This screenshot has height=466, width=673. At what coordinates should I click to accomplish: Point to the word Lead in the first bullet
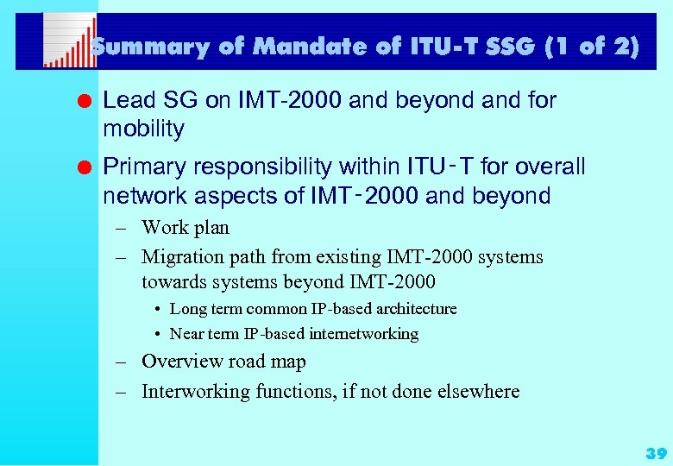pos(123,100)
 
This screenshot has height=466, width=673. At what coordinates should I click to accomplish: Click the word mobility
pos(143,129)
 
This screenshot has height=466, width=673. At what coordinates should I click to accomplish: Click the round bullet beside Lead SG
pos(83,101)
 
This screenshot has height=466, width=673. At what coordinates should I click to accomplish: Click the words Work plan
pos(186,228)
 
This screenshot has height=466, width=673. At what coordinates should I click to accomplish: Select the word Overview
pos(179,362)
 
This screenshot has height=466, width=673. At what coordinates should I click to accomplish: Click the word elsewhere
pos(481,392)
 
